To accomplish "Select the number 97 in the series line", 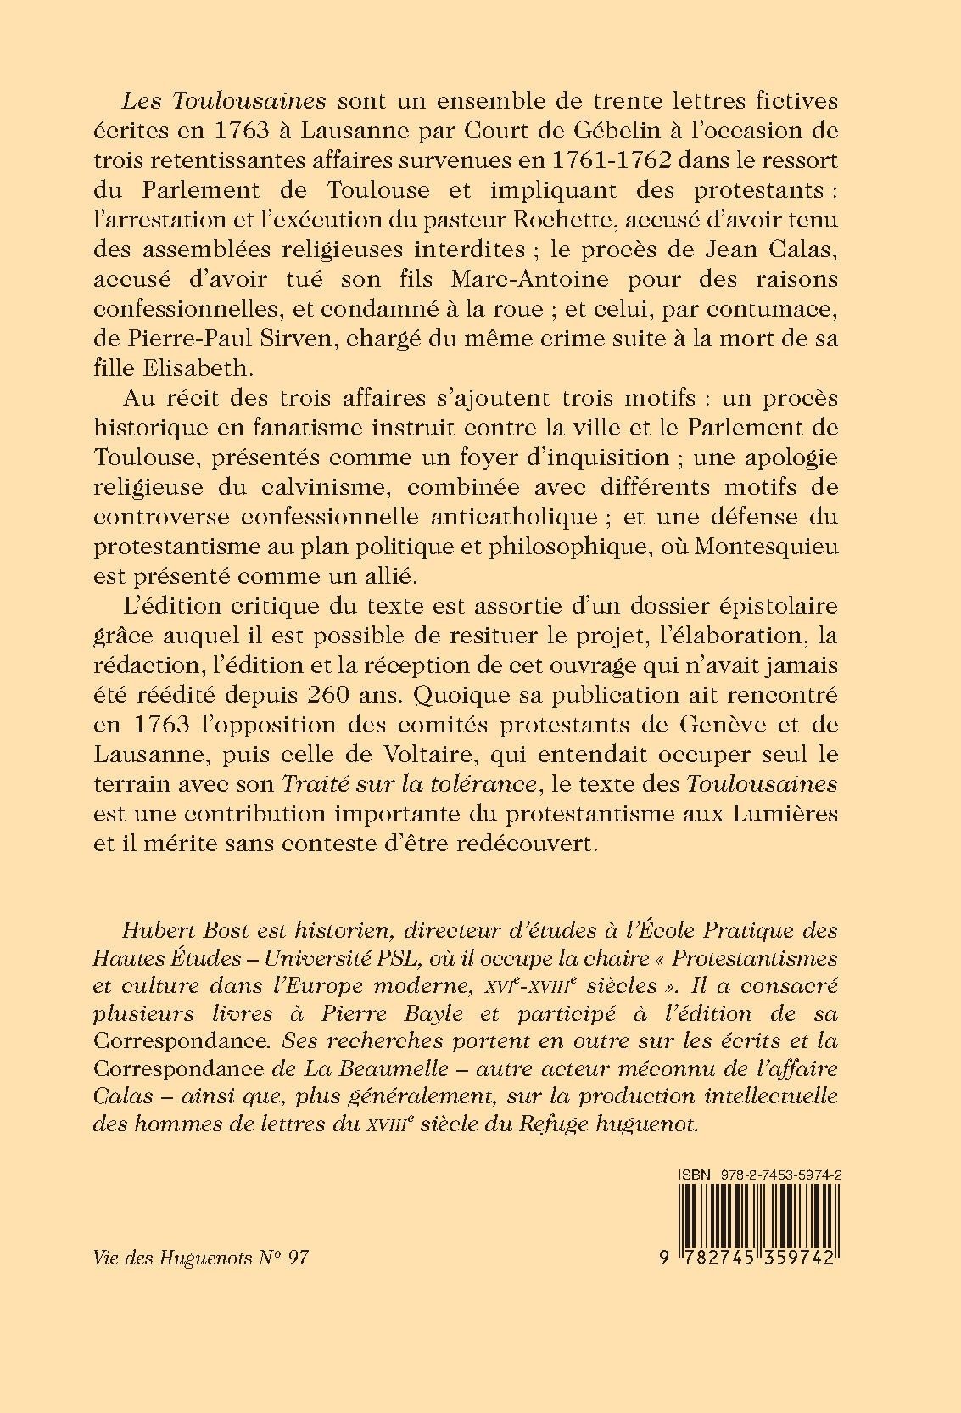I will pos(297,1258).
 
